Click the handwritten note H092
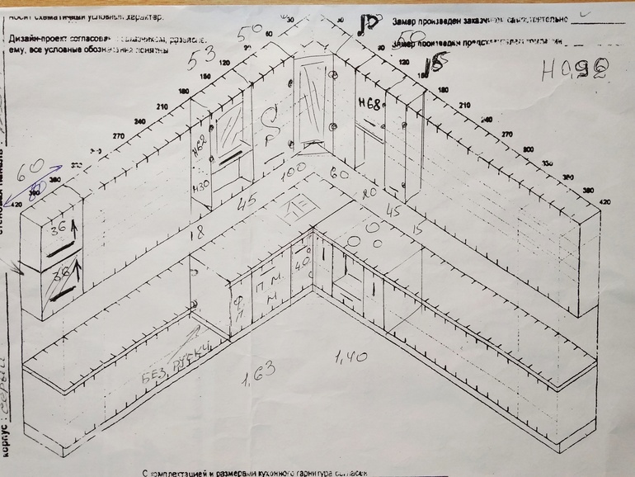(x=574, y=70)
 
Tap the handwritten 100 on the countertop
(x=294, y=177)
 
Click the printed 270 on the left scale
(x=117, y=135)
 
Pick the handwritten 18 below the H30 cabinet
(x=195, y=234)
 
